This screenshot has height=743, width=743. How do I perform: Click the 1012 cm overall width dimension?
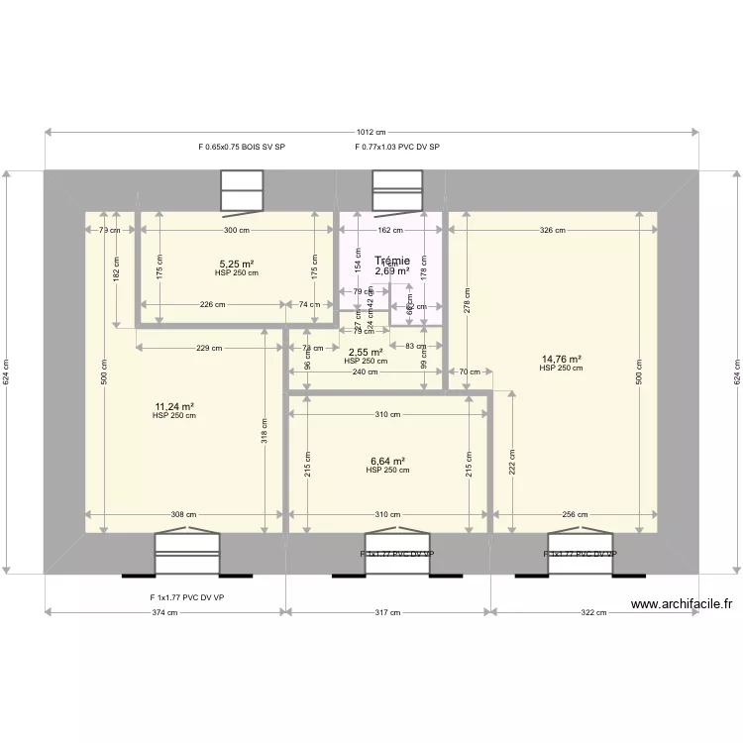[x=371, y=132]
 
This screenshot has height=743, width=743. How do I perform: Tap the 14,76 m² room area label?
[x=561, y=360]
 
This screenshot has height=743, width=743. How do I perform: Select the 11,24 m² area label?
[x=173, y=406]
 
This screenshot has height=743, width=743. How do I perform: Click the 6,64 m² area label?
[x=387, y=461]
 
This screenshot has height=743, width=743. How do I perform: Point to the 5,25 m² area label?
[x=237, y=265]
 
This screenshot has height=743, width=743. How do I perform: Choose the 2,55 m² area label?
[x=365, y=352]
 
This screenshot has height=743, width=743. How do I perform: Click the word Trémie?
[x=392, y=261]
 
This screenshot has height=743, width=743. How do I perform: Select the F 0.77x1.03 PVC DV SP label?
[x=397, y=147]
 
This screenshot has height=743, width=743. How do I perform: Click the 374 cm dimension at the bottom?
[x=165, y=612]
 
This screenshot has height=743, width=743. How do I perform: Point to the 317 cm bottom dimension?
[x=387, y=612]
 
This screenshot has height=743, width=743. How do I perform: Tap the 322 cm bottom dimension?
[x=593, y=612]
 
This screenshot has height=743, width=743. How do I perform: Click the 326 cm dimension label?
[x=553, y=230]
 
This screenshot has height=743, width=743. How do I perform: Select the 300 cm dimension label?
[x=236, y=230]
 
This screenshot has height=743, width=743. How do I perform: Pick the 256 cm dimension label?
[x=575, y=514]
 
